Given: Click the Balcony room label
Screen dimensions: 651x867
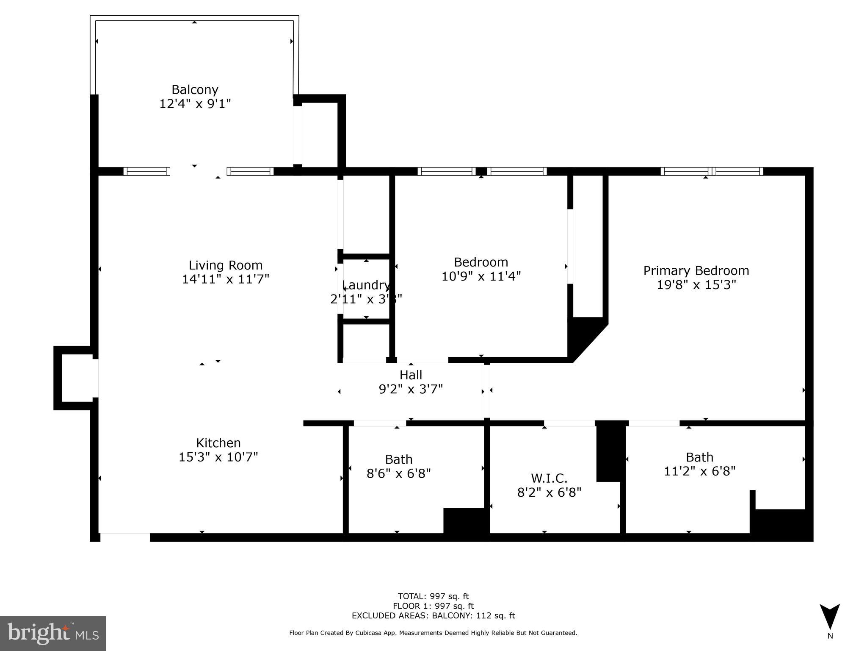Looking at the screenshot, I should coord(195,90).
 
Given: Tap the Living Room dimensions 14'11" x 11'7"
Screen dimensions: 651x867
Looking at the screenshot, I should coord(225,279).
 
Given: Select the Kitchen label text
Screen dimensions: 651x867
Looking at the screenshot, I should coord(218,443).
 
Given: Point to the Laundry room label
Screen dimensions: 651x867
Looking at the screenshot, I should coord(367,285).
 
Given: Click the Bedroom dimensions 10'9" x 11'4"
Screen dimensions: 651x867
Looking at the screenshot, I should coord(481,276).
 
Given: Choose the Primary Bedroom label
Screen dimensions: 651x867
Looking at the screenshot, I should coord(696,270).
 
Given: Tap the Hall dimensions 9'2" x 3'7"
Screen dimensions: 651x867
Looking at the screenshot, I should coord(411,389).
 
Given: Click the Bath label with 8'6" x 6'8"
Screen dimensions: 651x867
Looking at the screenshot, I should coord(398,459).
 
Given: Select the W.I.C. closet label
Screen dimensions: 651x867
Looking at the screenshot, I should coord(549,479).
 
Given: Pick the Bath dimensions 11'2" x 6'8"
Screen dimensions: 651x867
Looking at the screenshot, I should coord(699,471).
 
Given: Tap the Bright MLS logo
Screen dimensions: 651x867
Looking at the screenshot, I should coord(53,633).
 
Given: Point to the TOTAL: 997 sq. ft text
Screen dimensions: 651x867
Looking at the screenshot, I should coord(433,596).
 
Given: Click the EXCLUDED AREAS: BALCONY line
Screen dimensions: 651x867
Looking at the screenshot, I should coord(433,616).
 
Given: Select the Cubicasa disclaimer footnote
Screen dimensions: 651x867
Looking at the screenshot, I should coord(433,633).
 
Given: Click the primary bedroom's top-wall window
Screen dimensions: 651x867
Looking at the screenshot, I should coord(712,171).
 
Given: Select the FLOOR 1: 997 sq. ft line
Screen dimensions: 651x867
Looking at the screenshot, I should coord(433,606).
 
